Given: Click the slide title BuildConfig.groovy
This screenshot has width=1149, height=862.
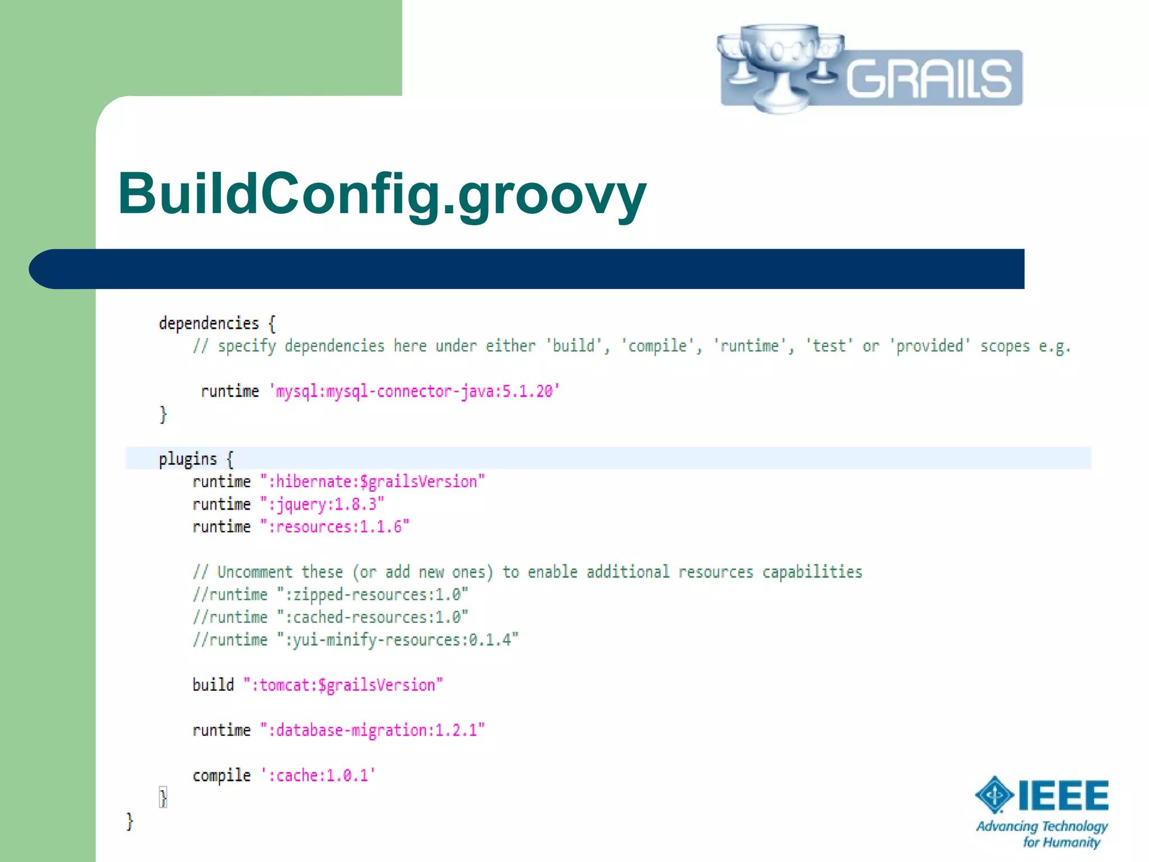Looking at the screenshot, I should pyautogui.click(x=382, y=194).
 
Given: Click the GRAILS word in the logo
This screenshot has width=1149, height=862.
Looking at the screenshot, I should pyautogui.click(x=929, y=79).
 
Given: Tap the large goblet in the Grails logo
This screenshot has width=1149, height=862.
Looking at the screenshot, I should pyautogui.click(x=780, y=65).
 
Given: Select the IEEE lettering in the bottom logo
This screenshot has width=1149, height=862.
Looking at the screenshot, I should pyautogui.click(x=1063, y=796).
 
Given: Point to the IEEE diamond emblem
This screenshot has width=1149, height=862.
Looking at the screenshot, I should pyautogui.click(x=994, y=795).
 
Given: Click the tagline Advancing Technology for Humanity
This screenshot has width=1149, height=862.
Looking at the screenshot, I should pyautogui.click(x=1042, y=834).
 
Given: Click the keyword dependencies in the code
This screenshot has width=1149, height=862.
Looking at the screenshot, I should pyautogui.click(x=209, y=324).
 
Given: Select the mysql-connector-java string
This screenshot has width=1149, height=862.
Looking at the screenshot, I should pyautogui.click(x=415, y=391).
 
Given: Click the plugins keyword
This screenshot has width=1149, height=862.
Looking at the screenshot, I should pyautogui.click(x=187, y=459).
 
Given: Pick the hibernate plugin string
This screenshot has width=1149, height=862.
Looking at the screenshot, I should pyautogui.click(x=372, y=482).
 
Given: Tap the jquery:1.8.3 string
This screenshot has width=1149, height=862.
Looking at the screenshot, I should pyautogui.click(x=322, y=505).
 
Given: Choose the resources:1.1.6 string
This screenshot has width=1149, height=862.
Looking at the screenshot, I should pyautogui.click(x=334, y=527).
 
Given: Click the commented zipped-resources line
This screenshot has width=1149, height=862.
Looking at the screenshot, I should pyautogui.click(x=330, y=595).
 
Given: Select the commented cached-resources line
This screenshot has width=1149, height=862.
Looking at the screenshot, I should pyautogui.click(x=330, y=617).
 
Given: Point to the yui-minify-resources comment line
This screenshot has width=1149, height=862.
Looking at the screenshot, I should pyautogui.click(x=356, y=640).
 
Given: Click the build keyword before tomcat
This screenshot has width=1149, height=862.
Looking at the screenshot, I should pyautogui.click(x=213, y=685).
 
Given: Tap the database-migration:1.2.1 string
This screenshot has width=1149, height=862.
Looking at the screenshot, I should pyautogui.click(x=372, y=730).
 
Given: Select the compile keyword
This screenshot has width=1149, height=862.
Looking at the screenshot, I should pyautogui.click(x=222, y=776).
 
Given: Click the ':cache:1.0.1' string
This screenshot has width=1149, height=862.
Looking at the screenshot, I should pyautogui.click(x=318, y=776).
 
